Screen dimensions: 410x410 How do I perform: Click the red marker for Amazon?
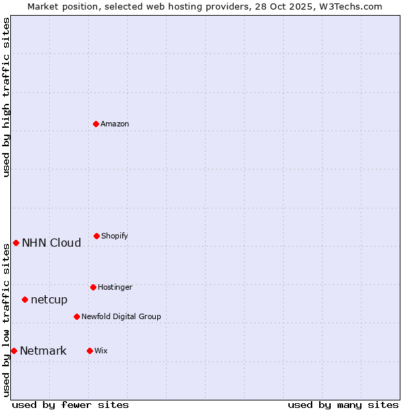96,124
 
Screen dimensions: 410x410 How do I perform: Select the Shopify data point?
96,236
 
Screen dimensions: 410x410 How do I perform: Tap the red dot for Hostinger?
93,287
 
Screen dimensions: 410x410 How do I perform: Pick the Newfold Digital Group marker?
77,316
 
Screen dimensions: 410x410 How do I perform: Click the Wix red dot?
90,351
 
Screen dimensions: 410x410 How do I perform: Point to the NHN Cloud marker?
16,243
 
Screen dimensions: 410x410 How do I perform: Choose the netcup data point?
25,299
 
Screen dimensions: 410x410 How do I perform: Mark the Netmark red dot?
14,351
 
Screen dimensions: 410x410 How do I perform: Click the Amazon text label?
115,124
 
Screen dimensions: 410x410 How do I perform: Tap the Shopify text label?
115,236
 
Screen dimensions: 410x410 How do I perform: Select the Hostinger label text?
115,287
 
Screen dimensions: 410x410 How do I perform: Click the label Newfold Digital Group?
121,316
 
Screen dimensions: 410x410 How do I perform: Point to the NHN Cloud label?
51,243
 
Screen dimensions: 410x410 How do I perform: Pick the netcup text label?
49,299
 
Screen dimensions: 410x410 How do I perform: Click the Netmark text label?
43,351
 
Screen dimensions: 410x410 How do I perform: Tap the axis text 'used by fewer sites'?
70,405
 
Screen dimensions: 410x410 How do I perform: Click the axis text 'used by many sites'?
343,405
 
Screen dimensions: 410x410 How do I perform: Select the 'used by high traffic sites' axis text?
6,97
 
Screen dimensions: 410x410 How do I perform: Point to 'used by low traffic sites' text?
6,320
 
